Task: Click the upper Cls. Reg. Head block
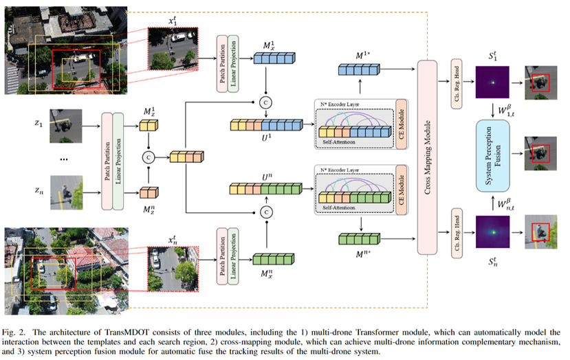(x=454, y=80)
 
